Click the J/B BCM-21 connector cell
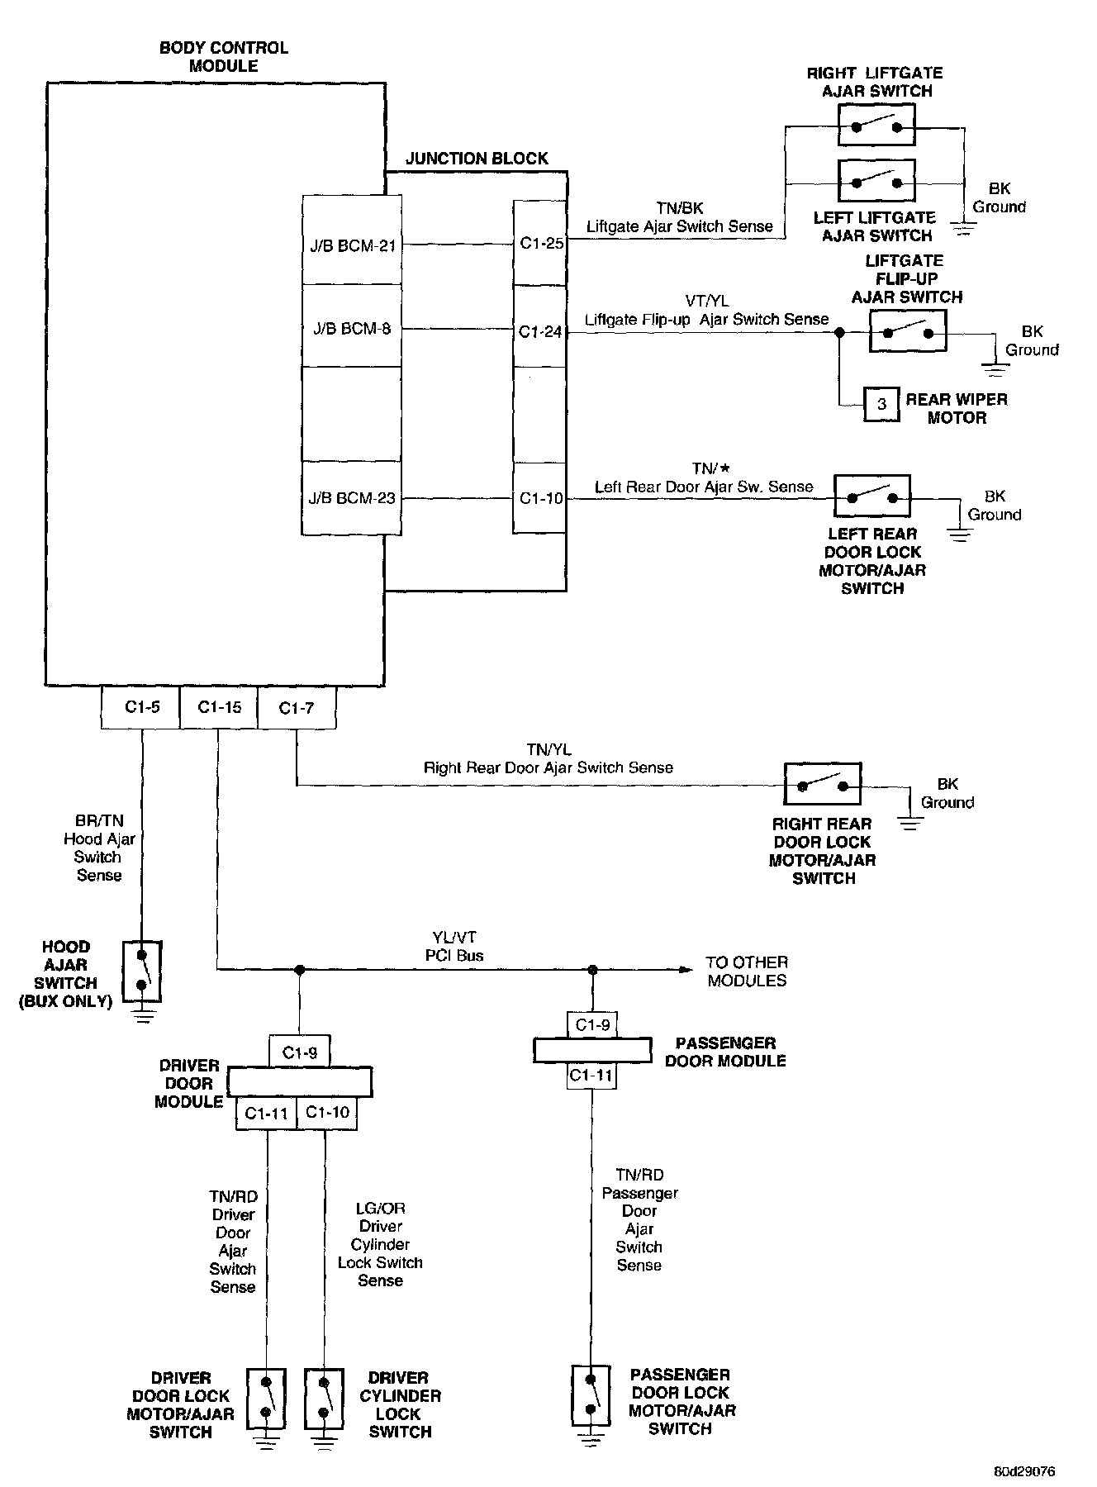pyautogui.click(x=353, y=245)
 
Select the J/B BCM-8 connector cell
pyautogui.click(x=353, y=329)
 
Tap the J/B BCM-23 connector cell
pyautogui.click(x=353, y=498)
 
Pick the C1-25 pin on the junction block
pyautogui.click(x=541, y=244)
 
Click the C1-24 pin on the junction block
pyautogui.click(x=540, y=331)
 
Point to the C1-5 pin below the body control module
pyautogui.click(x=142, y=707)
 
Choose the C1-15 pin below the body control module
pyautogui.click(x=220, y=707)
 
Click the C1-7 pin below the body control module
pyautogui.click(x=297, y=707)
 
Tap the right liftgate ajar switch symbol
pyautogui.click(x=876, y=127)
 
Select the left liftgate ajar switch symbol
pyautogui.click(x=876, y=181)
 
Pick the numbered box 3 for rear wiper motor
pyautogui.click(x=882, y=404)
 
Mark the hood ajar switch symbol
pyautogui.click(x=142, y=971)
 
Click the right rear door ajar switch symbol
pyautogui.click(x=822, y=784)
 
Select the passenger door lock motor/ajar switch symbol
pyautogui.click(x=591, y=1394)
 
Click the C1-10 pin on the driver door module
pyautogui.click(x=327, y=1113)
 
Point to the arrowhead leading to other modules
pyautogui.click(x=686, y=970)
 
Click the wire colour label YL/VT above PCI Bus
pyautogui.click(x=454, y=938)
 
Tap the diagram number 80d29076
pyautogui.click(x=1024, y=1471)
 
